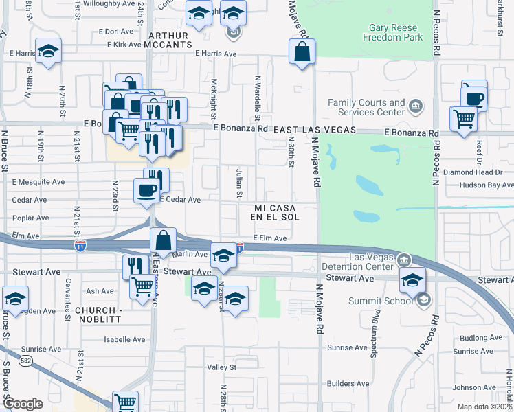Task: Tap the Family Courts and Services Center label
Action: tap(366, 107)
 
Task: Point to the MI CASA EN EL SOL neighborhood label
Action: tap(277, 212)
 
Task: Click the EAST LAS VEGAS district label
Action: tap(314, 130)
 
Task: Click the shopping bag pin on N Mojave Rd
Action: tap(302, 51)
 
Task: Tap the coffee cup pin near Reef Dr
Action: tap(474, 97)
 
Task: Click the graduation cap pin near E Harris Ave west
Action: tap(49, 52)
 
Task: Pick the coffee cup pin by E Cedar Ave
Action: tap(146, 189)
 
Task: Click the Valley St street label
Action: tap(222, 367)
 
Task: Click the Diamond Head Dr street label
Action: tap(468, 172)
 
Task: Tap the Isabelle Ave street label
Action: tap(124, 339)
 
